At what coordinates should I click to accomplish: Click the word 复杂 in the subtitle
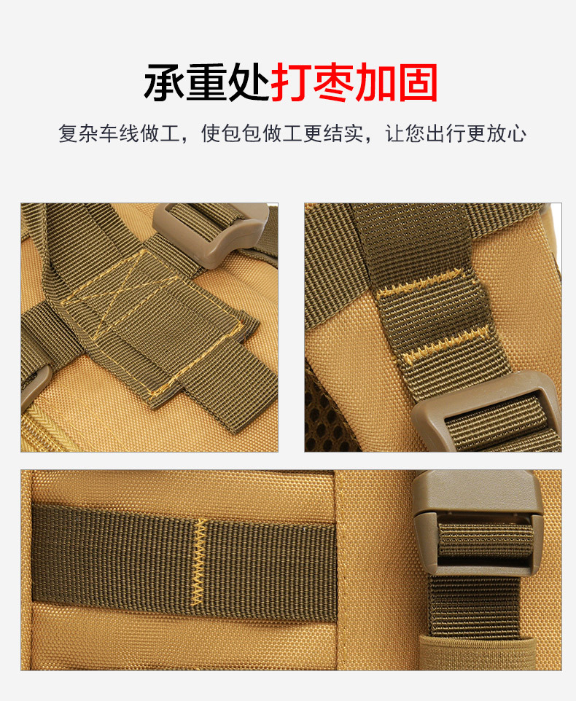78,134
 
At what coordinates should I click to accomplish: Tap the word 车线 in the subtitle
119,134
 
